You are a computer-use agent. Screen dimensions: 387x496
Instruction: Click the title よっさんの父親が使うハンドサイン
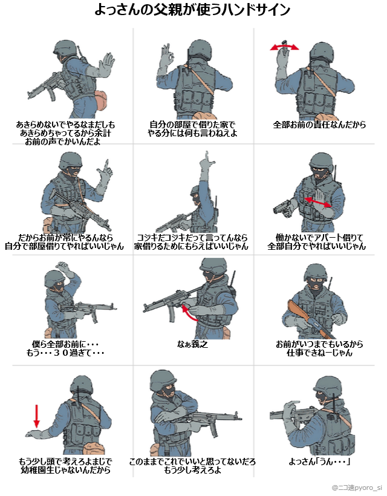coord(192,10)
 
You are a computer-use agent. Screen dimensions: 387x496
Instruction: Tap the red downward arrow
coord(37,416)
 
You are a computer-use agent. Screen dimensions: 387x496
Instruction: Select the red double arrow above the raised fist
coord(284,47)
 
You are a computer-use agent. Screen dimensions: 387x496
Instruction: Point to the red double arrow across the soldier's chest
coord(318,202)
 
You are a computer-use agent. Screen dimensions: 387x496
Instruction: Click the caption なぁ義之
coord(192,344)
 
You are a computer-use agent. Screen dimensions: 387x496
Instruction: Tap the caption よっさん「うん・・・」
coord(319,462)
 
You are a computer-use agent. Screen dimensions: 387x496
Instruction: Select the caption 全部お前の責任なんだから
coord(319,125)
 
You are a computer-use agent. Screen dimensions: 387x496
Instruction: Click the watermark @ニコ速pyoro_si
coord(357,488)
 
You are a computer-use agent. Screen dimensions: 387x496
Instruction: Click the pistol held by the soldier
coord(282,208)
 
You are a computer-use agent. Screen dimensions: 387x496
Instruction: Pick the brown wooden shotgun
coord(310,319)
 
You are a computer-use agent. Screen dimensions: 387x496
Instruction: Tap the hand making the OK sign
coord(167,56)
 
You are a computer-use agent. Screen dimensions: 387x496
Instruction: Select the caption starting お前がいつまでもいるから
coord(319,348)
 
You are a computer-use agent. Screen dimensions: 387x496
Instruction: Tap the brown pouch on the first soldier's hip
coord(101,100)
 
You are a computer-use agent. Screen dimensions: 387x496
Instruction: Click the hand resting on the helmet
coord(63,267)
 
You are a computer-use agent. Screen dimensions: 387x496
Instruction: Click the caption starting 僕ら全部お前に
coord(65,348)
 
